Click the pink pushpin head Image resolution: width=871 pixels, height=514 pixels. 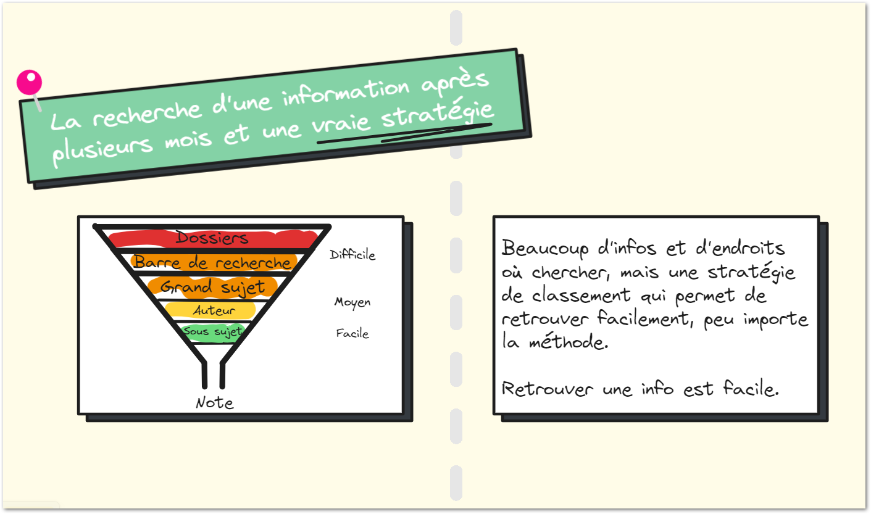29,82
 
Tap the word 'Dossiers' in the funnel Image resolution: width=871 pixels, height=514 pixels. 212,238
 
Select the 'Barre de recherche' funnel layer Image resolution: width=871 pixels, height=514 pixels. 212,262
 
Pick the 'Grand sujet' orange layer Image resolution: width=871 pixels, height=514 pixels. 212,287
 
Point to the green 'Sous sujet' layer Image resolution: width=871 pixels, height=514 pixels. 212,332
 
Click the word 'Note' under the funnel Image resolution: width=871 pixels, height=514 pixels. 214,403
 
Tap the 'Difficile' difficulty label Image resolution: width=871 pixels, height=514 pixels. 352,255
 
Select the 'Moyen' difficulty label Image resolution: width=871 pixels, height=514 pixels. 352,302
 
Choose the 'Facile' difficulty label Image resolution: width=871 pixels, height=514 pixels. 352,334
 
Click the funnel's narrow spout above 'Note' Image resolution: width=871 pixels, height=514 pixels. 214,375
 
